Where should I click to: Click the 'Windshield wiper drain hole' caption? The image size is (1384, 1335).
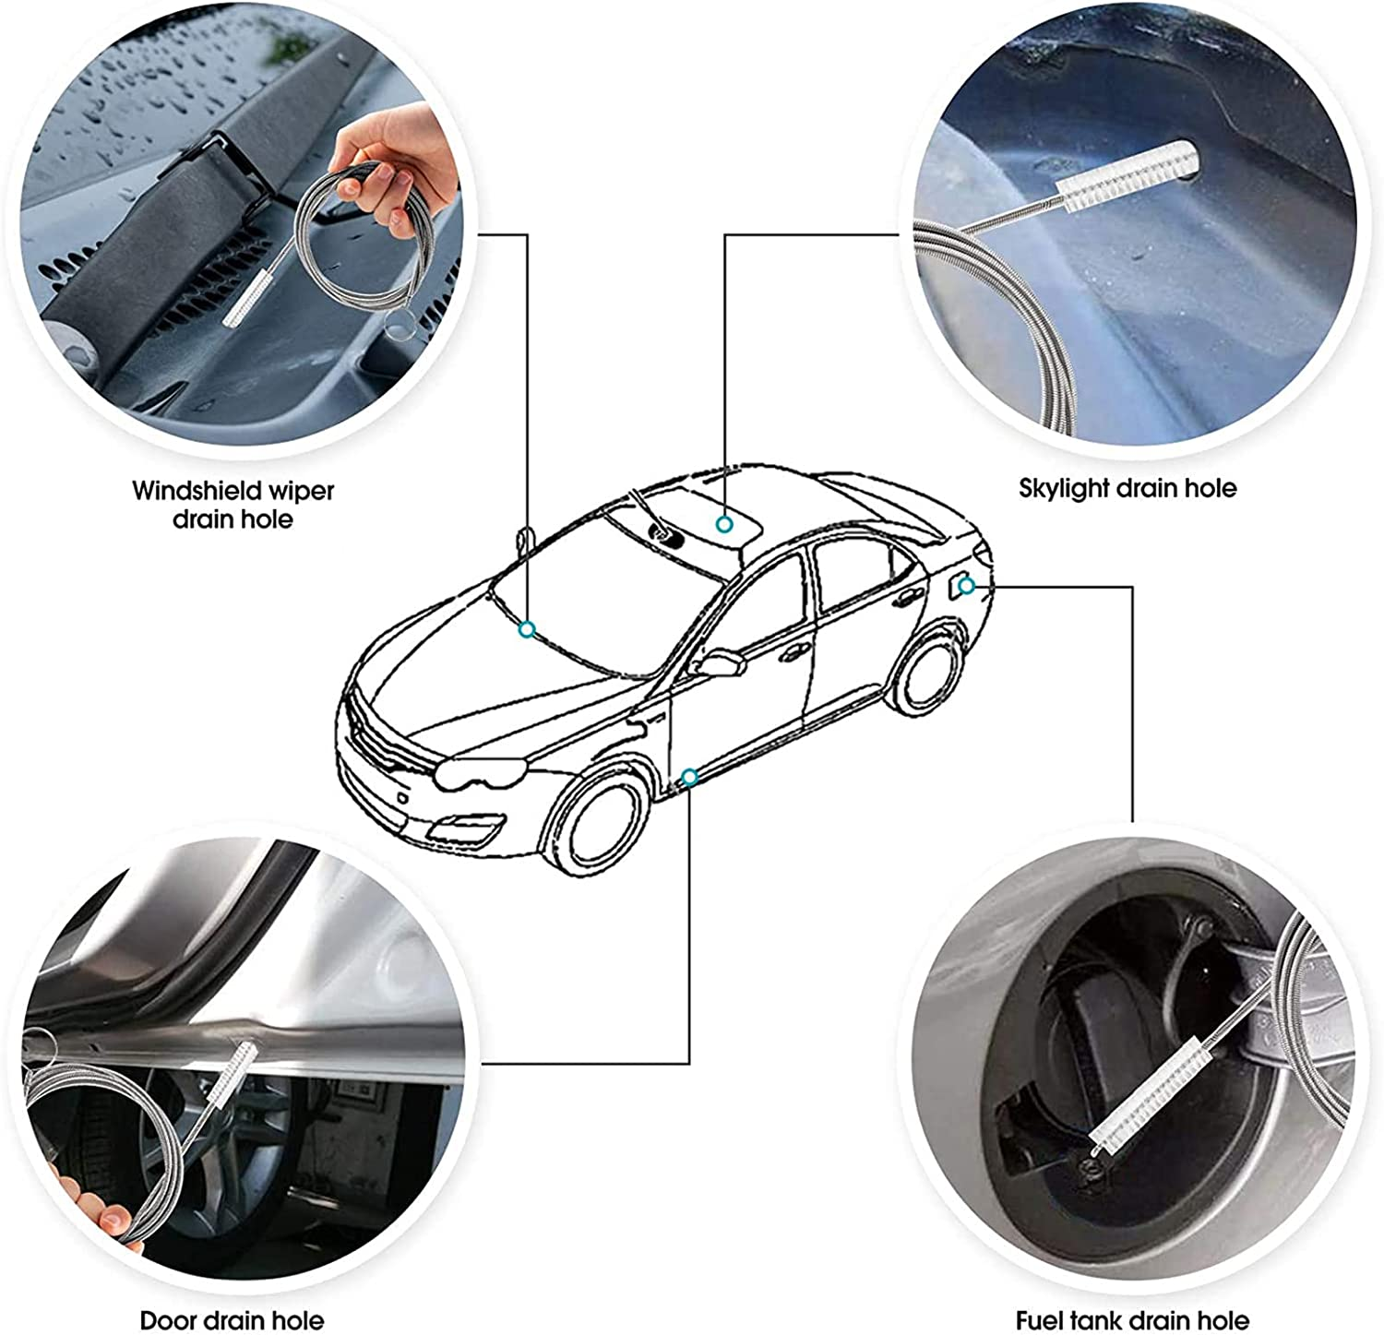233,504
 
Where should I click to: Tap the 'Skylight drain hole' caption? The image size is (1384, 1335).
1127,488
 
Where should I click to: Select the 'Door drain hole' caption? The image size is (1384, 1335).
232,1320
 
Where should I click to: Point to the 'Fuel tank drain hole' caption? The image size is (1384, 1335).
1132,1320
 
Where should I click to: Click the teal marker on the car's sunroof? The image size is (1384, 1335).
725,524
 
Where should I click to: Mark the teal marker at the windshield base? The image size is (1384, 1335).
527,629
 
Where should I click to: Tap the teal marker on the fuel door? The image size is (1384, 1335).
966,586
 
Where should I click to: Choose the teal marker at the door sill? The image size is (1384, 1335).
689,777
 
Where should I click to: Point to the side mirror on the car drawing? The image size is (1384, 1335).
722,663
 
